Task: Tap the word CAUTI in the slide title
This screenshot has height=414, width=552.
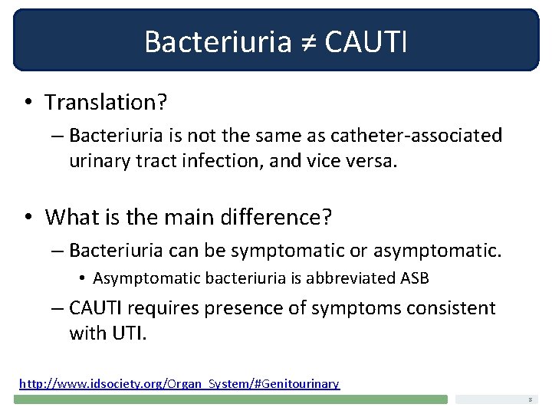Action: pyautogui.click(x=366, y=41)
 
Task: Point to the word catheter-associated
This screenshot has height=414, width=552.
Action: pyautogui.click(x=416, y=136)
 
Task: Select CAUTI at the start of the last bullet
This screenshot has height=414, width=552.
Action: pyautogui.click(x=94, y=308)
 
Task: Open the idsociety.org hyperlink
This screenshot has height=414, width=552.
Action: pyautogui.click(x=179, y=383)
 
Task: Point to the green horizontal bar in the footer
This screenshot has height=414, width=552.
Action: pyautogui.click(x=230, y=399)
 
